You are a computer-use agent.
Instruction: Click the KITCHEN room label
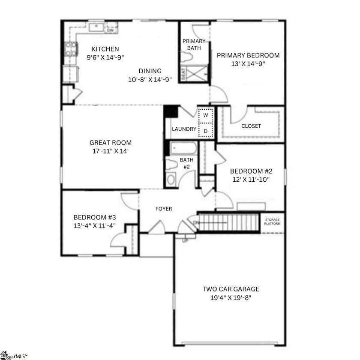pyautogui.click(x=105, y=49)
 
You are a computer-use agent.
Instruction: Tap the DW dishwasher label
pyautogui.click(x=110, y=30)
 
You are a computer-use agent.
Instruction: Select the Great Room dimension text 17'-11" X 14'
pyautogui.click(x=110, y=151)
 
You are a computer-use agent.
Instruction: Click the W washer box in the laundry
pyautogui.click(x=205, y=115)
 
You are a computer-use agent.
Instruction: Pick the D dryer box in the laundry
pyautogui.click(x=205, y=130)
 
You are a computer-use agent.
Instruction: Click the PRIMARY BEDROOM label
pyautogui.click(x=248, y=55)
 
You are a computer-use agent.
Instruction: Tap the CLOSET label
pyautogui.click(x=251, y=126)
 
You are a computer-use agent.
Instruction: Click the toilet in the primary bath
pyautogui.click(x=187, y=57)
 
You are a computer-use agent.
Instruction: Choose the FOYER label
pyautogui.click(x=164, y=209)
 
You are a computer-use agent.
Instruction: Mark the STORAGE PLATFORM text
pyautogui.click(x=273, y=222)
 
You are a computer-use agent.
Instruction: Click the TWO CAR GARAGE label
pyautogui.click(x=231, y=289)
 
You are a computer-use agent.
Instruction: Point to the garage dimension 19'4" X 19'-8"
pyautogui.click(x=231, y=297)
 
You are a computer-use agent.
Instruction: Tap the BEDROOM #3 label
pyautogui.click(x=95, y=217)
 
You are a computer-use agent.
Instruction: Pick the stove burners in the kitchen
pyautogui.click(x=70, y=49)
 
